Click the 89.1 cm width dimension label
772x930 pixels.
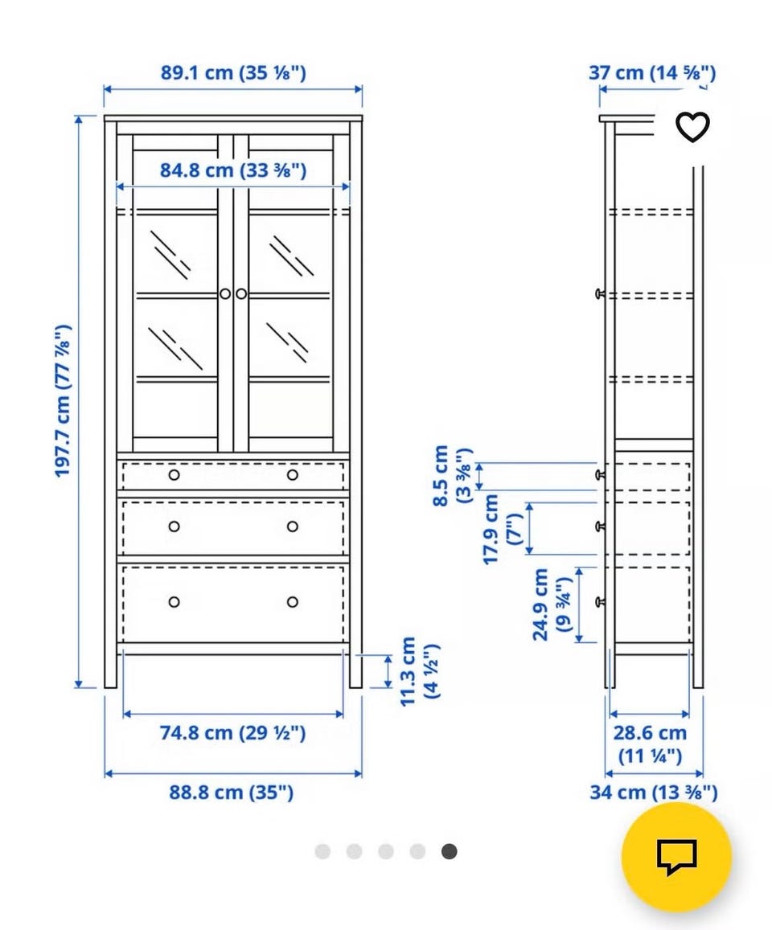pos(233,73)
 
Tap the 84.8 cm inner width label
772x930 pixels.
pos(233,171)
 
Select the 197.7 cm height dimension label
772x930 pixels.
pos(63,400)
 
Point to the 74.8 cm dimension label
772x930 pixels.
pos(232,733)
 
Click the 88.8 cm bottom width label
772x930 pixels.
pos(232,793)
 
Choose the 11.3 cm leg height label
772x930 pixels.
pos(419,671)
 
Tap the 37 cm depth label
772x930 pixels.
pos(652,73)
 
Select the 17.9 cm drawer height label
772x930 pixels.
pos(503,529)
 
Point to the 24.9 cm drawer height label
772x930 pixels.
pos(552,604)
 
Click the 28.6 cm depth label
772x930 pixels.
pos(650,744)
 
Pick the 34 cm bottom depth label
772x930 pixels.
pos(653,793)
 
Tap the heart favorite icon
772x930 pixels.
pos(692,127)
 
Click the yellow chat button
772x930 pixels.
pos(676,857)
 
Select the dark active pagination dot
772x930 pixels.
pos(450,852)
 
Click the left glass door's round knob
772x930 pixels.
pos(225,293)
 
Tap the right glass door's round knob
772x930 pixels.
pos(241,293)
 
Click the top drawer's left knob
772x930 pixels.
pos(174,475)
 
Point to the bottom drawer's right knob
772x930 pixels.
pos(293,602)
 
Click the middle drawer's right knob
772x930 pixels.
pos(293,526)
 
